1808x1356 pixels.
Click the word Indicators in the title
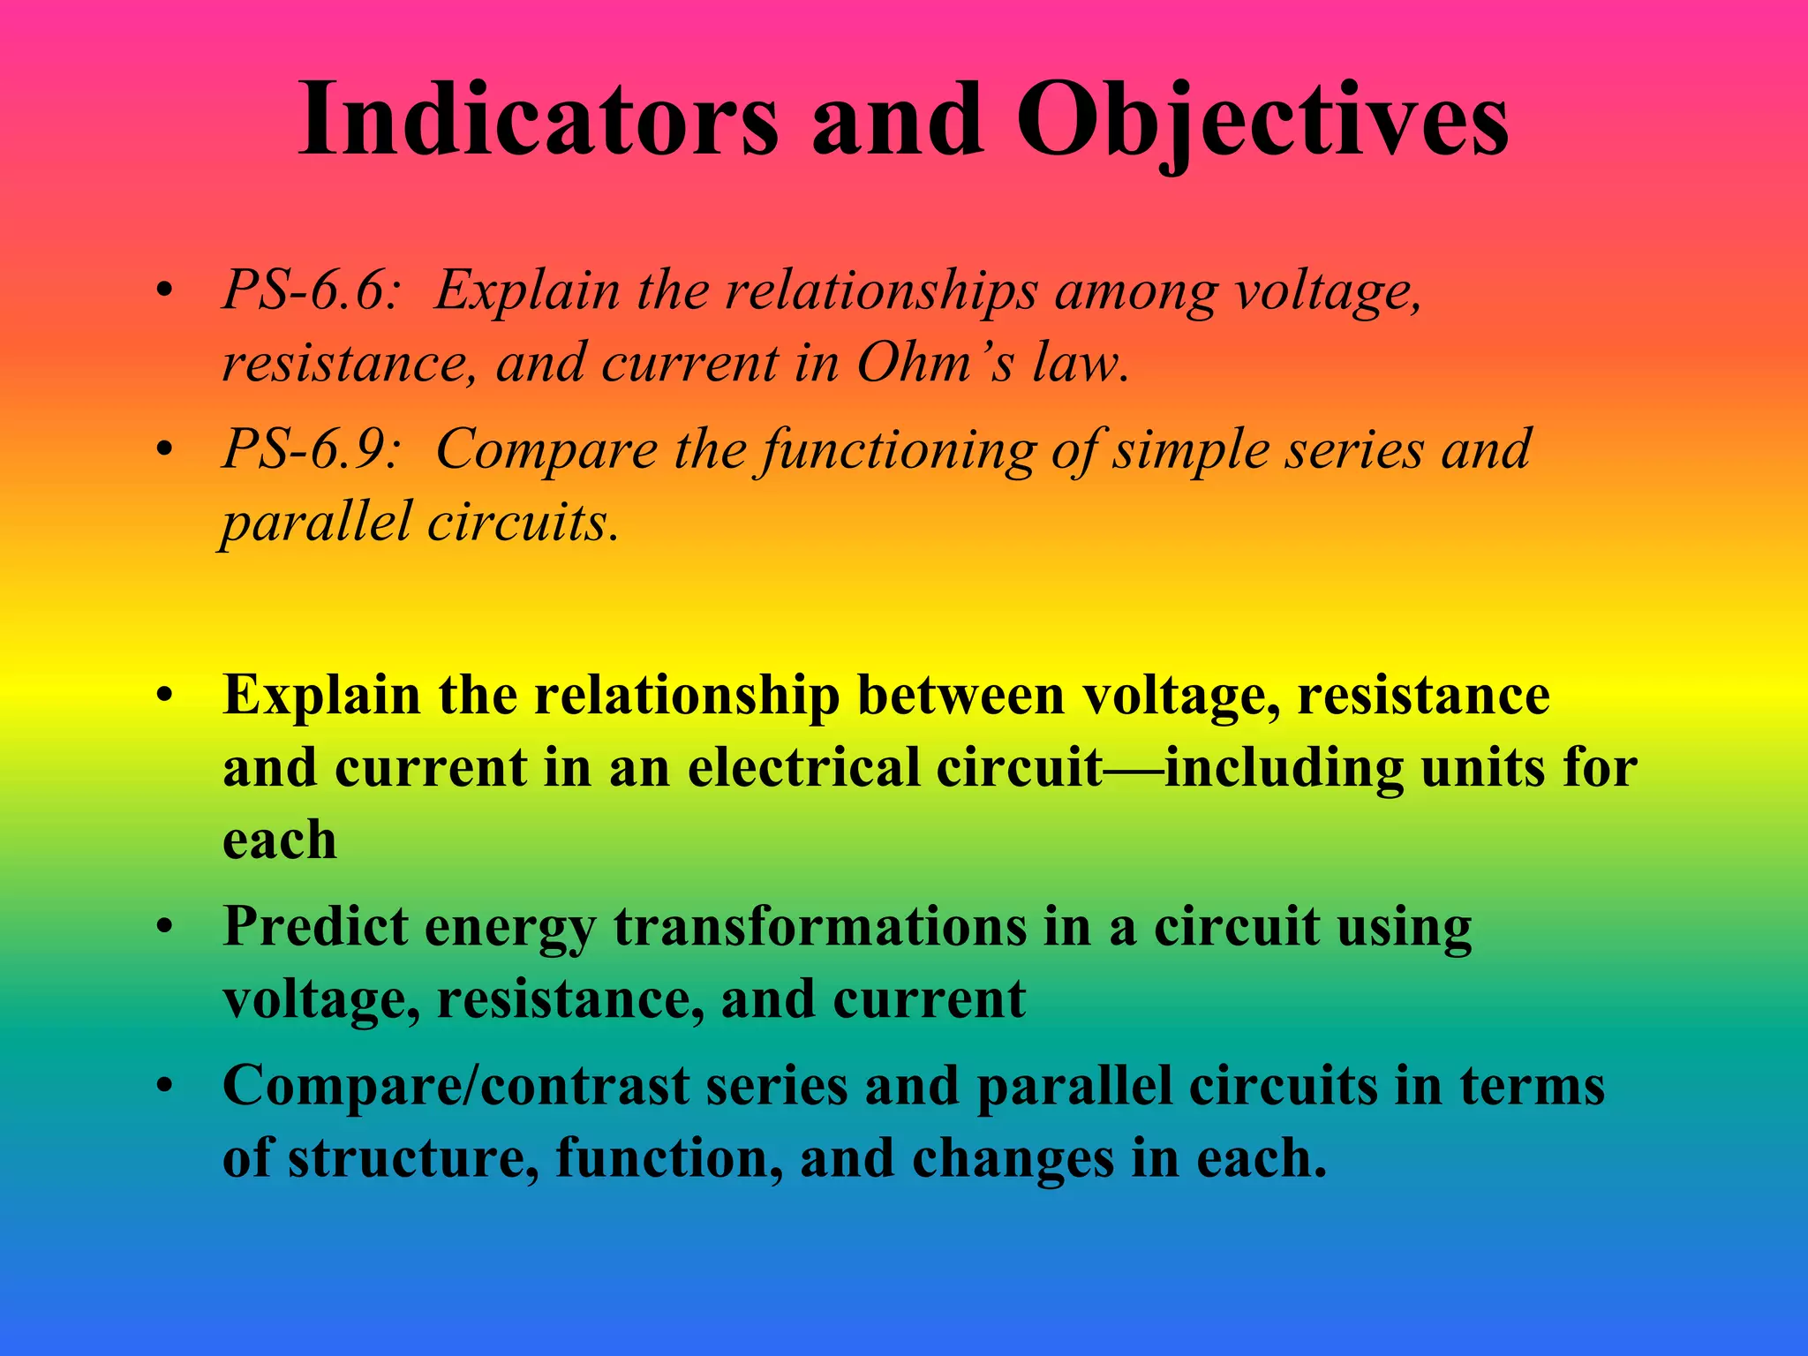[x=539, y=119]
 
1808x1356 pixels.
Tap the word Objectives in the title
[x=1262, y=119]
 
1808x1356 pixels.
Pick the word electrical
[x=802, y=767]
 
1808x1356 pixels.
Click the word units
[x=1482, y=767]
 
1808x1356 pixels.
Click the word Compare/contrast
[x=456, y=1086]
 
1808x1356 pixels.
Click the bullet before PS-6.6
[x=163, y=291]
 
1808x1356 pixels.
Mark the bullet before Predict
[x=163, y=929]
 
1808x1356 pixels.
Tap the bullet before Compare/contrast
[x=163, y=1088]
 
